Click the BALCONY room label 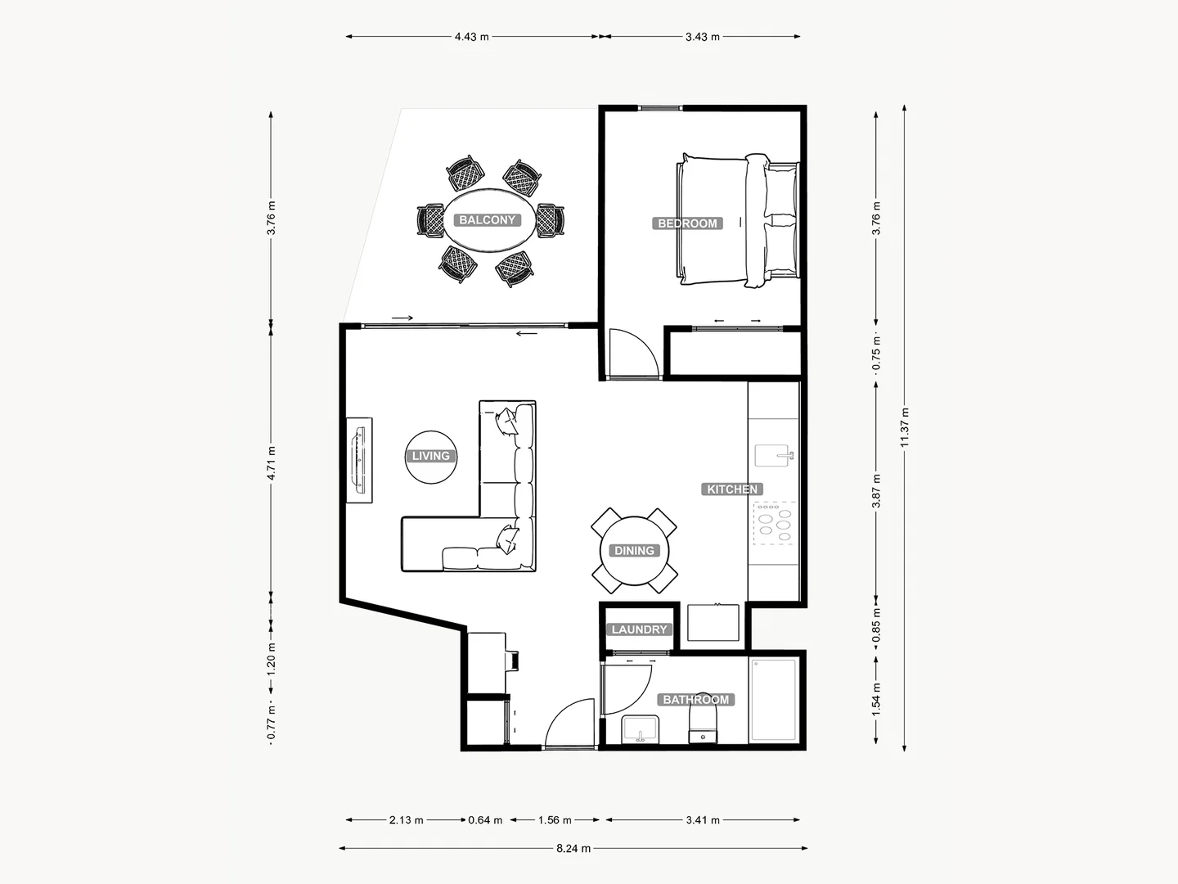coord(487,220)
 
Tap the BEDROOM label coord(687,223)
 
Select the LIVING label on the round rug coord(430,456)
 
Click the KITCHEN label coord(732,489)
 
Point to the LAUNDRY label coord(640,629)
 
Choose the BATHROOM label coord(695,700)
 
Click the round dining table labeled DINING coord(635,551)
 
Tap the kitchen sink coord(772,455)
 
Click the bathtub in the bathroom coord(773,700)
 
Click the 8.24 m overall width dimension coord(573,849)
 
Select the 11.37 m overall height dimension coord(904,426)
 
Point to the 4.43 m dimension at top coord(472,37)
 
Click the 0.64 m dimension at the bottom coord(485,820)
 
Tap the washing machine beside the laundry coord(713,623)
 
